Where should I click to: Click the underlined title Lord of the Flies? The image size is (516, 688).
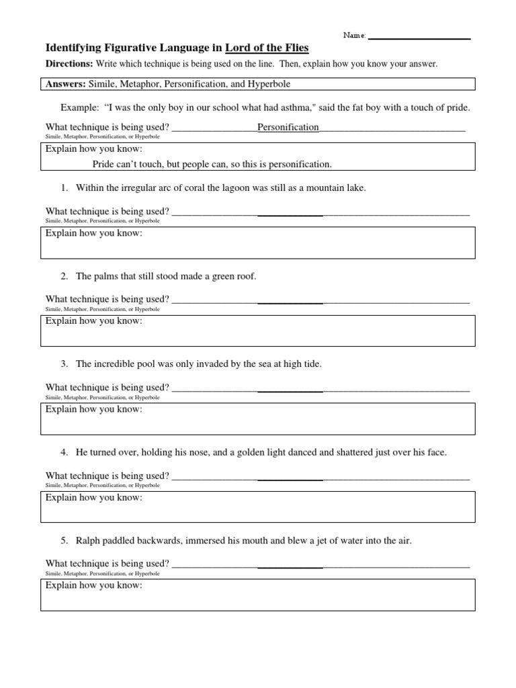click(267, 48)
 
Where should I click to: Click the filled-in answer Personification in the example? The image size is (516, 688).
click(288, 127)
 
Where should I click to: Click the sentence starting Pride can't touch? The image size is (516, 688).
click(212, 164)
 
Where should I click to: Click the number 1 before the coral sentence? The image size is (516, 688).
click(64, 188)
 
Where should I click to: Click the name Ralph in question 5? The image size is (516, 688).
click(88, 540)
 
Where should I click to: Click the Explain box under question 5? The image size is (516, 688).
click(258, 595)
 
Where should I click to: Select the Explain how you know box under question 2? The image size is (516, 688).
click(258, 331)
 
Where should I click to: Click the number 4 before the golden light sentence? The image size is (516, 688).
click(64, 452)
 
